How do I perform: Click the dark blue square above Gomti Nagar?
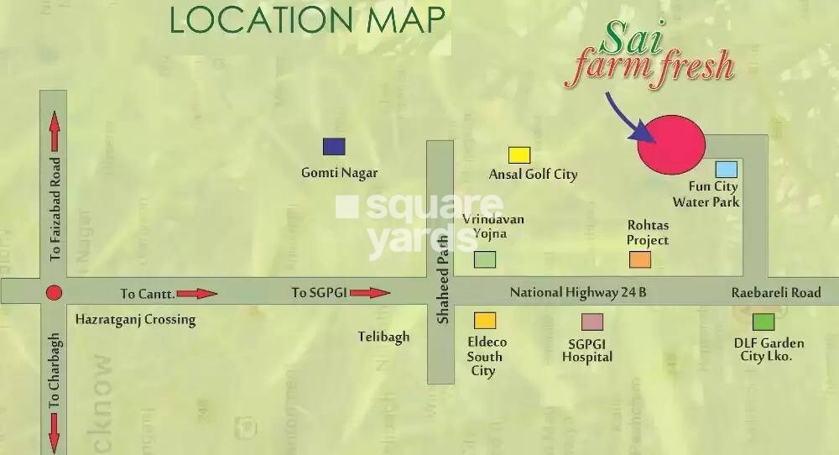click(334, 147)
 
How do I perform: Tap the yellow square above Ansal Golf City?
click(519, 155)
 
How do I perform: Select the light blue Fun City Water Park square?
click(726, 170)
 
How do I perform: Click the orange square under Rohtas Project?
click(640, 259)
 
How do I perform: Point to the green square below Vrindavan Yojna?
click(484, 259)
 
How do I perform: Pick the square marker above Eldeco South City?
click(485, 321)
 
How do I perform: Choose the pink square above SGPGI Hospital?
click(592, 322)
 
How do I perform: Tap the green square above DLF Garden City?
click(763, 322)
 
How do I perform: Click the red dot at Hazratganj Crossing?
click(54, 293)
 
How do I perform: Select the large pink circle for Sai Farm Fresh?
click(670, 144)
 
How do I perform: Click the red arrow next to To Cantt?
click(197, 294)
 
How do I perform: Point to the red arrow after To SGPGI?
click(370, 293)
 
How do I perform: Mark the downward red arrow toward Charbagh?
click(55, 433)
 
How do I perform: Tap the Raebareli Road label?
click(775, 293)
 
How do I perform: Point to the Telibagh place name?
click(383, 337)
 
